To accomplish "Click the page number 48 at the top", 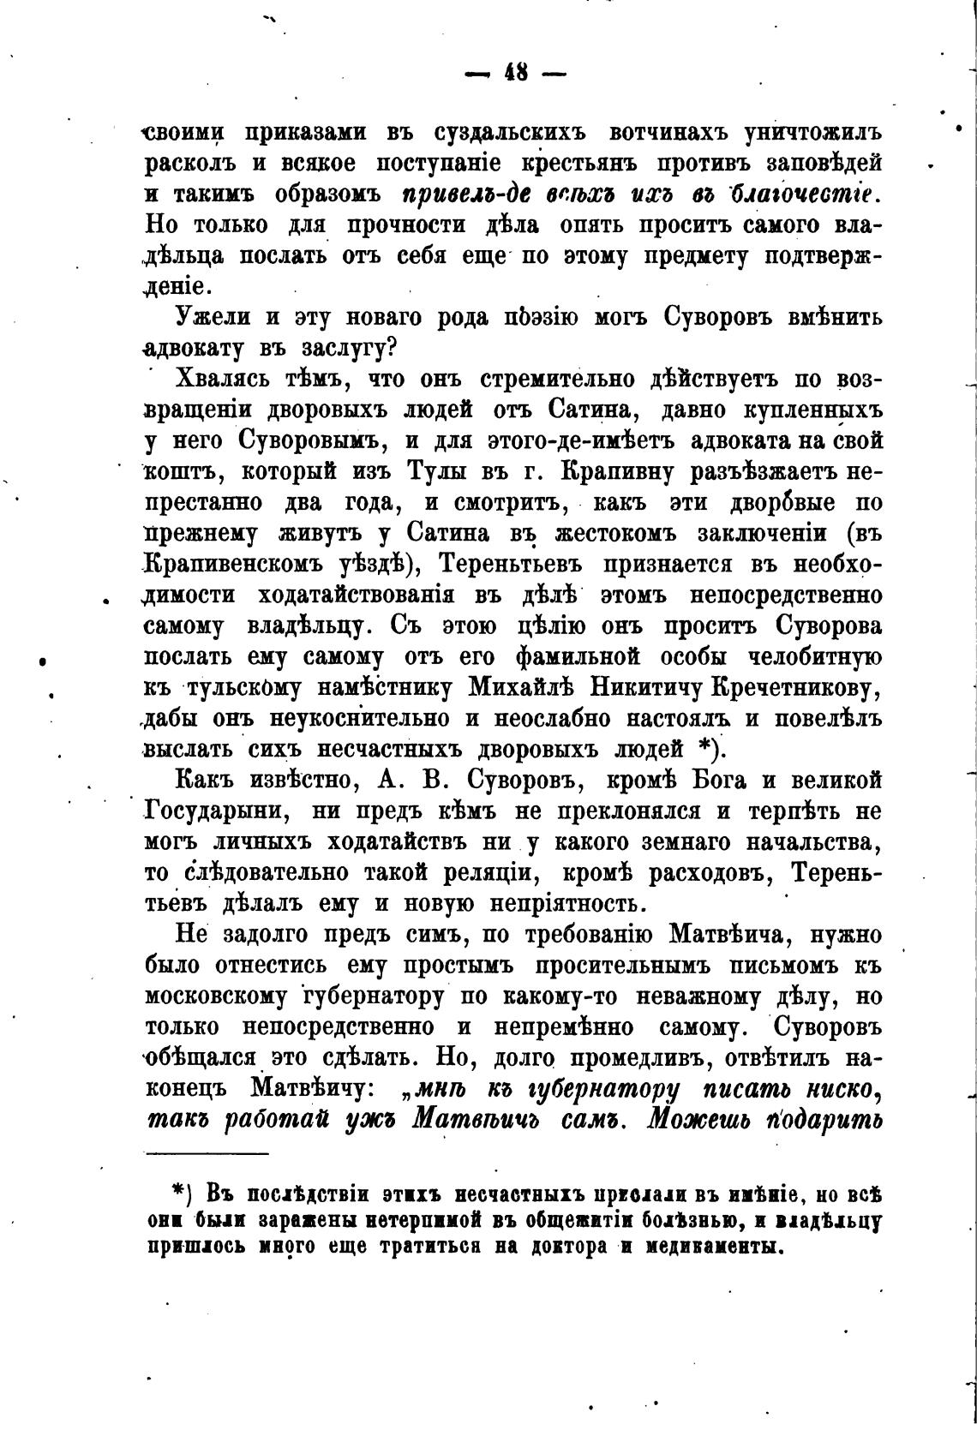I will [x=516, y=74].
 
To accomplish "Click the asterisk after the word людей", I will [x=704, y=750].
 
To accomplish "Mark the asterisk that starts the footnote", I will [x=178, y=1193].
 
